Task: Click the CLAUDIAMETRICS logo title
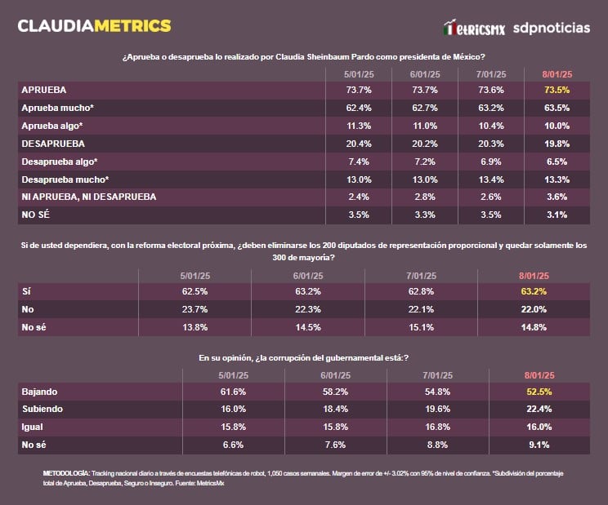94,25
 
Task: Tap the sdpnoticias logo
551,28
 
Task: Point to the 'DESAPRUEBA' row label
53,143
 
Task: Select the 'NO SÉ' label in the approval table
38,215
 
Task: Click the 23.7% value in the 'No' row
195,309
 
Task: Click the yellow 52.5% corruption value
540,392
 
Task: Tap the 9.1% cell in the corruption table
540,445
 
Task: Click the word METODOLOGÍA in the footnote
65,474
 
